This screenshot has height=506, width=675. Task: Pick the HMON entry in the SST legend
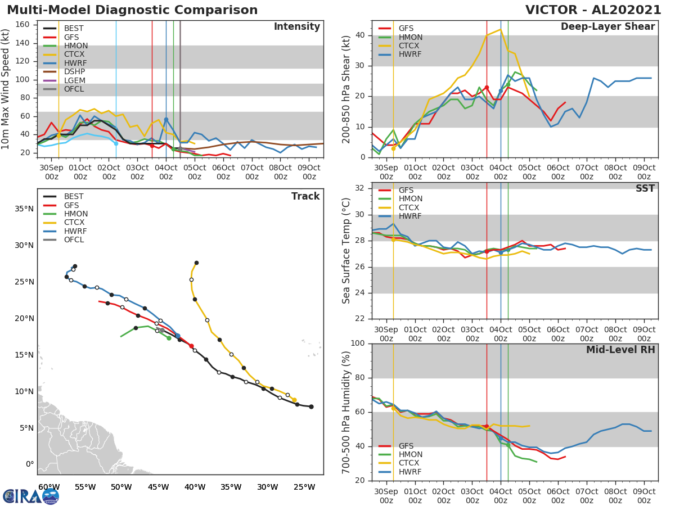point(410,199)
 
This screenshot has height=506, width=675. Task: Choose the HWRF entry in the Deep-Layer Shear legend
point(410,55)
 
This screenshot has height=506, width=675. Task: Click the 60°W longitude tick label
point(49,487)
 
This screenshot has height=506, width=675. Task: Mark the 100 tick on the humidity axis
point(358,343)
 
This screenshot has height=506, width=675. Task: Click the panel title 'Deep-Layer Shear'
point(607,27)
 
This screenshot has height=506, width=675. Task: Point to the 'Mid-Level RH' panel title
point(620,350)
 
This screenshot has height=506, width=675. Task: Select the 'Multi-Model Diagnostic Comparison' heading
point(132,10)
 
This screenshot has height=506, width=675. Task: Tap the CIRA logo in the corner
point(31,496)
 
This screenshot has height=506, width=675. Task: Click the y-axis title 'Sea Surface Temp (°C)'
point(346,251)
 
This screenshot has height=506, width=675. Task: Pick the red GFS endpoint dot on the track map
point(191,346)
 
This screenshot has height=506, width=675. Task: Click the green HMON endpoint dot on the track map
point(169,338)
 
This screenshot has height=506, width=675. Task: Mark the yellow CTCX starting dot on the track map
point(294,400)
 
